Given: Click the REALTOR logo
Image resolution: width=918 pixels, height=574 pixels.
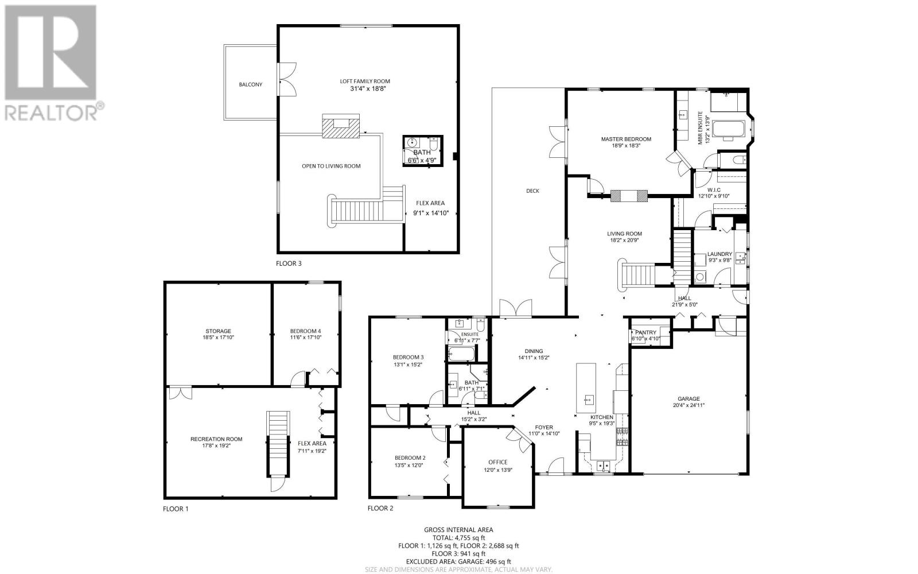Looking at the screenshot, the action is (54, 63).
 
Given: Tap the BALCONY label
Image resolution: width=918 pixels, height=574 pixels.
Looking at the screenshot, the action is (250, 84).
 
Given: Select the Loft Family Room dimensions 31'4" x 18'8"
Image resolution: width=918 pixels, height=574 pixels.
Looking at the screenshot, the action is (365, 88).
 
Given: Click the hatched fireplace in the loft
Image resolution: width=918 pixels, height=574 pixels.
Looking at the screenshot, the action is (341, 126).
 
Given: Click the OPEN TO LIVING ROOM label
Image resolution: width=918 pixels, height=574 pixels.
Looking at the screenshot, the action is (331, 166).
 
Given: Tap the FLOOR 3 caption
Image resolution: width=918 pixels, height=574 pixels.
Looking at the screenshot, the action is (289, 263).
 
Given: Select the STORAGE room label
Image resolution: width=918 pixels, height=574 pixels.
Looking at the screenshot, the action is (218, 331).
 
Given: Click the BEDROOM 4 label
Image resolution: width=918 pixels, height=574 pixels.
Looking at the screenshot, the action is (305, 331).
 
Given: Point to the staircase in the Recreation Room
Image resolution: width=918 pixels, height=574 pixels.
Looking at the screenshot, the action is (278, 445).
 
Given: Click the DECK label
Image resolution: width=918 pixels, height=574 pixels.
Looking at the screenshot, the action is (533, 191).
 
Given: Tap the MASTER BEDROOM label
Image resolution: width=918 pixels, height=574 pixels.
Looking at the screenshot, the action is (626, 139).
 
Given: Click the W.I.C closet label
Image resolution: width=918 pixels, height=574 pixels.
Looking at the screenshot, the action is (714, 190).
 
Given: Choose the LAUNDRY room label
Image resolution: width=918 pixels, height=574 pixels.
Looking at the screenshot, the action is (719, 254).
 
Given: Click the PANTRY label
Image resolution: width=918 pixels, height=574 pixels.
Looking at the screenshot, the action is (645, 332).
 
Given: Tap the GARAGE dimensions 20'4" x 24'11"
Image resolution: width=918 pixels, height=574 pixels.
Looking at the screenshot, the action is (688, 405).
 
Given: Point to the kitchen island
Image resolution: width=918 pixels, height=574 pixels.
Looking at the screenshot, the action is (586, 388).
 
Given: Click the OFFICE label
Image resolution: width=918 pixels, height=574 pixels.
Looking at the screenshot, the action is (498, 462).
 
